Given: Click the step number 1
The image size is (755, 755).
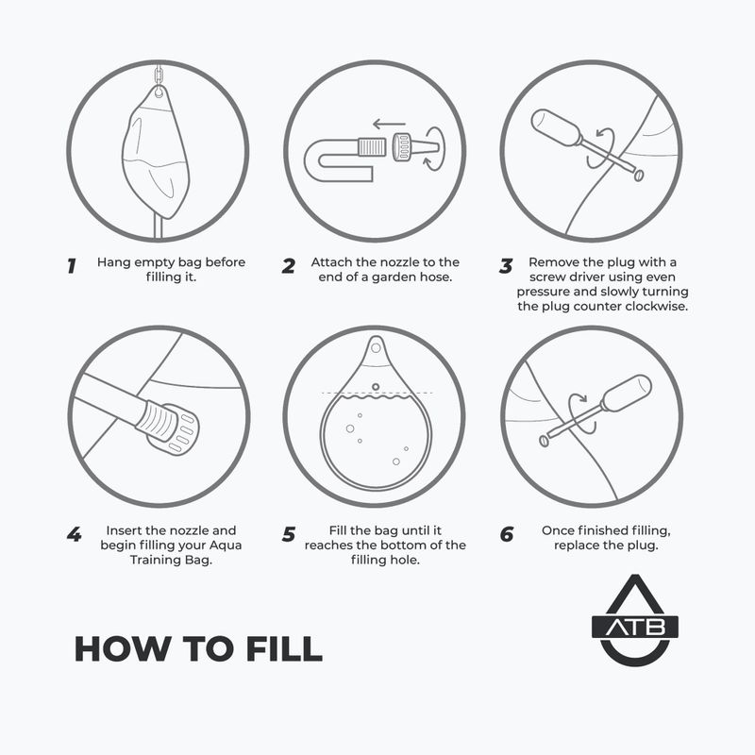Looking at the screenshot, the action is (x=72, y=266).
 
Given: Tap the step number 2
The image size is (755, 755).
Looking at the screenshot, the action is (x=289, y=266).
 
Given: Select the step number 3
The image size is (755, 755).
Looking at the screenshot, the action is (x=506, y=266).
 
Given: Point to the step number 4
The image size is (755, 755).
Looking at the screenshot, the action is (x=75, y=534).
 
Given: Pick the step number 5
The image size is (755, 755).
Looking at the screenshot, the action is (x=289, y=534).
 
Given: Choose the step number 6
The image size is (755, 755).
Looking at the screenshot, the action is (x=507, y=534).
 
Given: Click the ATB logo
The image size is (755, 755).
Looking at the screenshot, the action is (x=634, y=620).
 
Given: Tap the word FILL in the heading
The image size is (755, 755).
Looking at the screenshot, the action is (x=284, y=648).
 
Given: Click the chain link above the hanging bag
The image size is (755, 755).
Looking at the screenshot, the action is (x=159, y=75).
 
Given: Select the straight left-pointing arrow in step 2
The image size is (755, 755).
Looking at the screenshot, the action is (x=389, y=125).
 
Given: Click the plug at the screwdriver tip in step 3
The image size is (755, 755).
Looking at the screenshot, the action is (x=639, y=175).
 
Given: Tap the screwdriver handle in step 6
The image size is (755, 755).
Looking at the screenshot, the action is (x=627, y=393).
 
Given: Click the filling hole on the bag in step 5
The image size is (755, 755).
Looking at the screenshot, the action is (x=376, y=387).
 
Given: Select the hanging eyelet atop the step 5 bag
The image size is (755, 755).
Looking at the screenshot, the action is (x=376, y=347).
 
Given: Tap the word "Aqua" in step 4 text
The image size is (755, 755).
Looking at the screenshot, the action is (x=226, y=545).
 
